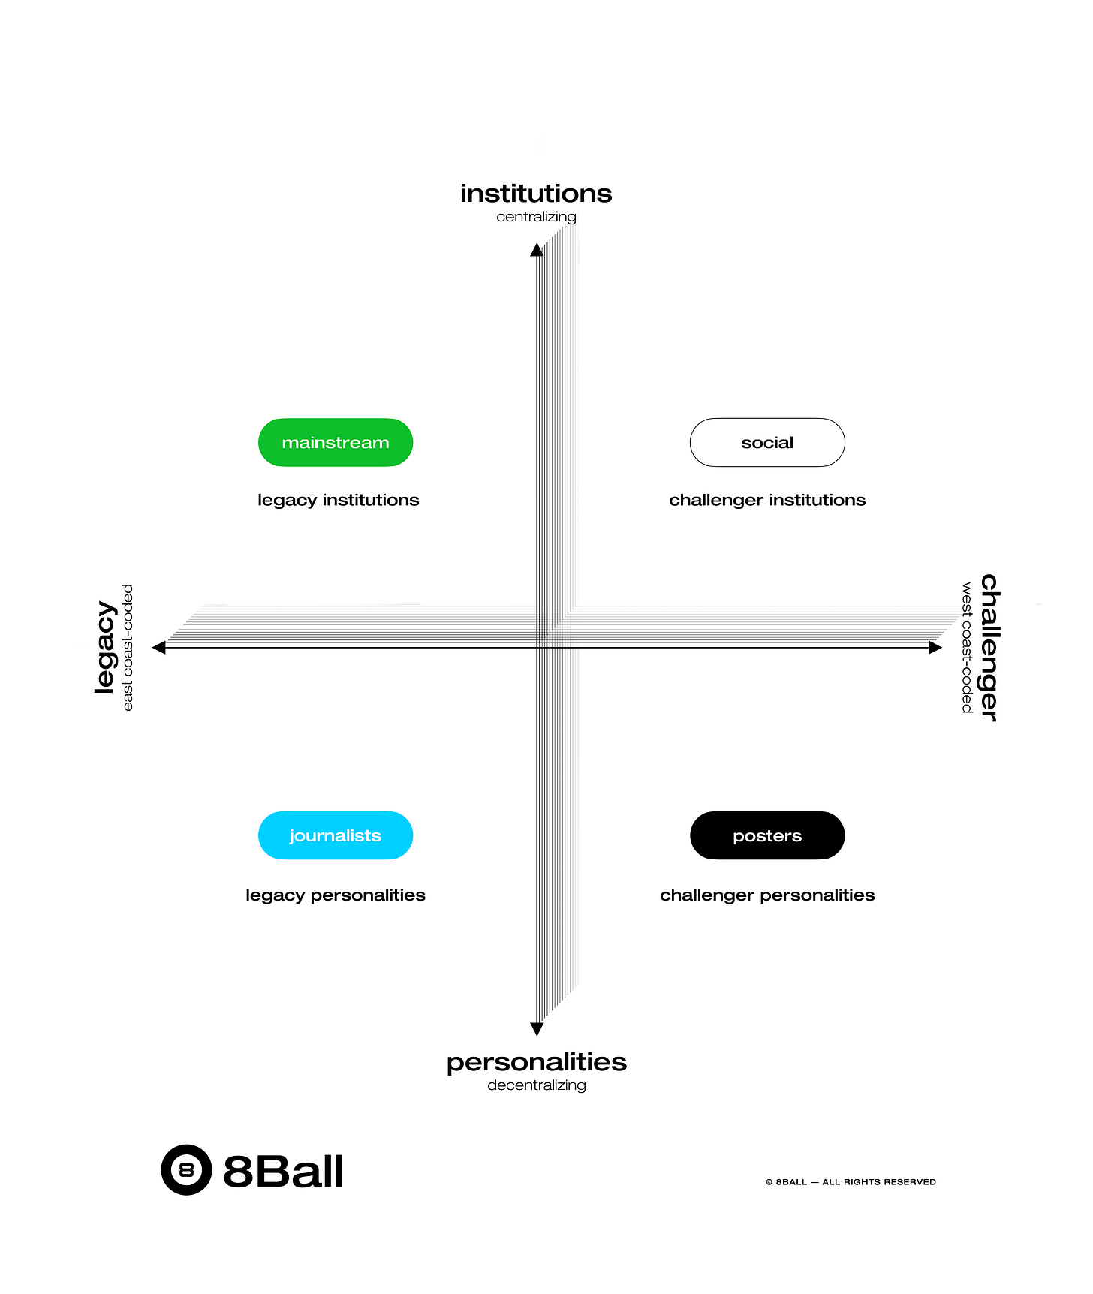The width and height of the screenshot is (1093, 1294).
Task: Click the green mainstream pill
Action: [x=336, y=443]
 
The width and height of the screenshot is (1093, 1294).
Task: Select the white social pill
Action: [x=767, y=443]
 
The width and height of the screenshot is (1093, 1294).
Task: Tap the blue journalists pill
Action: [x=336, y=835]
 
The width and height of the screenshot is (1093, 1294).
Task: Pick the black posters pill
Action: [x=767, y=835]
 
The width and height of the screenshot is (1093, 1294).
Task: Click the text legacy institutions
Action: [x=338, y=500]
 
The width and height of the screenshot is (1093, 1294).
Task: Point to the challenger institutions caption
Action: [x=767, y=500]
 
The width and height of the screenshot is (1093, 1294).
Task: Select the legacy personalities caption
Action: [x=336, y=895]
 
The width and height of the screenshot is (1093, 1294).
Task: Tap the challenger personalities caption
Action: [x=767, y=895]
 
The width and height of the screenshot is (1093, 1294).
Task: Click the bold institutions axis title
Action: [x=536, y=194]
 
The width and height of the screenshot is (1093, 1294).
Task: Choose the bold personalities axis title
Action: [x=536, y=1062]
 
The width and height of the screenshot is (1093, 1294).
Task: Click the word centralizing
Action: [x=536, y=217]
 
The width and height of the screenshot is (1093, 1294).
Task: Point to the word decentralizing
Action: [x=536, y=1085]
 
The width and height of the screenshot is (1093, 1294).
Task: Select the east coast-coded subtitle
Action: [x=128, y=647]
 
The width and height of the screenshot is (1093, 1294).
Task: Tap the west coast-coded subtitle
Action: [x=967, y=647]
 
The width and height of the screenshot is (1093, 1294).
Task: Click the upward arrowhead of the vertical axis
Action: [x=537, y=250]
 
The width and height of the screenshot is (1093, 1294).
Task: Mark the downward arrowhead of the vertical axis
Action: [x=537, y=1028]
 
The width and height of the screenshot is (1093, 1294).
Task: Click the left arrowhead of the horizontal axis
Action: [x=159, y=647]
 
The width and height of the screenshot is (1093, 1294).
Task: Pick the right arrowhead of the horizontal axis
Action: [x=935, y=647]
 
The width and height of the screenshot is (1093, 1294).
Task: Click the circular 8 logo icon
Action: [x=186, y=1169]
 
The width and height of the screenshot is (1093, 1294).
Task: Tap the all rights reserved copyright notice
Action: [x=851, y=1182]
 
